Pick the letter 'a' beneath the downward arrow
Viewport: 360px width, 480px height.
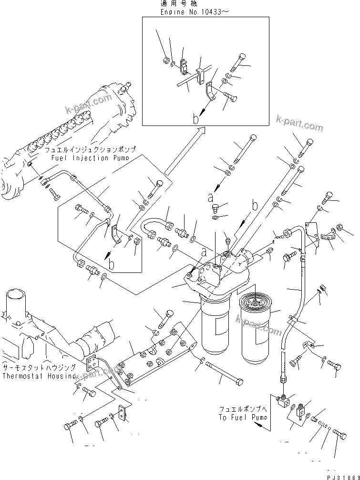(209, 197)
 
